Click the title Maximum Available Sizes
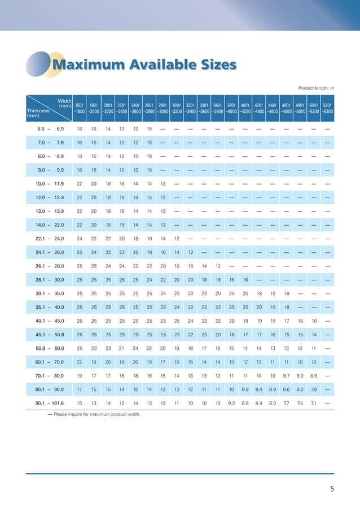pos(143,65)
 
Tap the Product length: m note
pos(316,88)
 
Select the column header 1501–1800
pos(80,108)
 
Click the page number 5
pos(332,489)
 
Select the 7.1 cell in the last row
pos(313,403)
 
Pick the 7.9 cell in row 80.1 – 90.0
pos(313,389)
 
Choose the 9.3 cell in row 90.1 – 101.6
pos(231,403)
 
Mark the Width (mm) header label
pos(64,104)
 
